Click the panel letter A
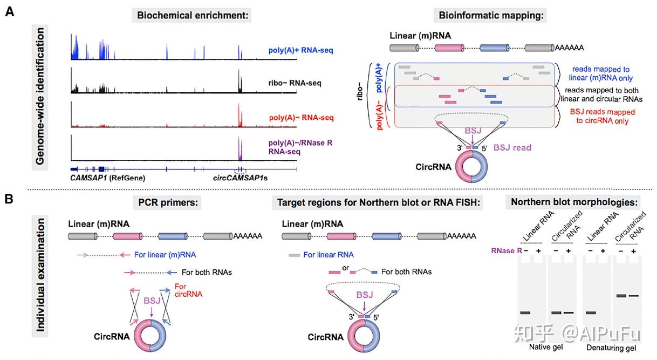10,11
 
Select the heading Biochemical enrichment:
193,16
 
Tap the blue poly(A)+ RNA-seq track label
300,51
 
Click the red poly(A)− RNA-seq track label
300,118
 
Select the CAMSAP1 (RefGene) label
108,177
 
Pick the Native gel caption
546,347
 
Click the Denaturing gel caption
611,347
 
